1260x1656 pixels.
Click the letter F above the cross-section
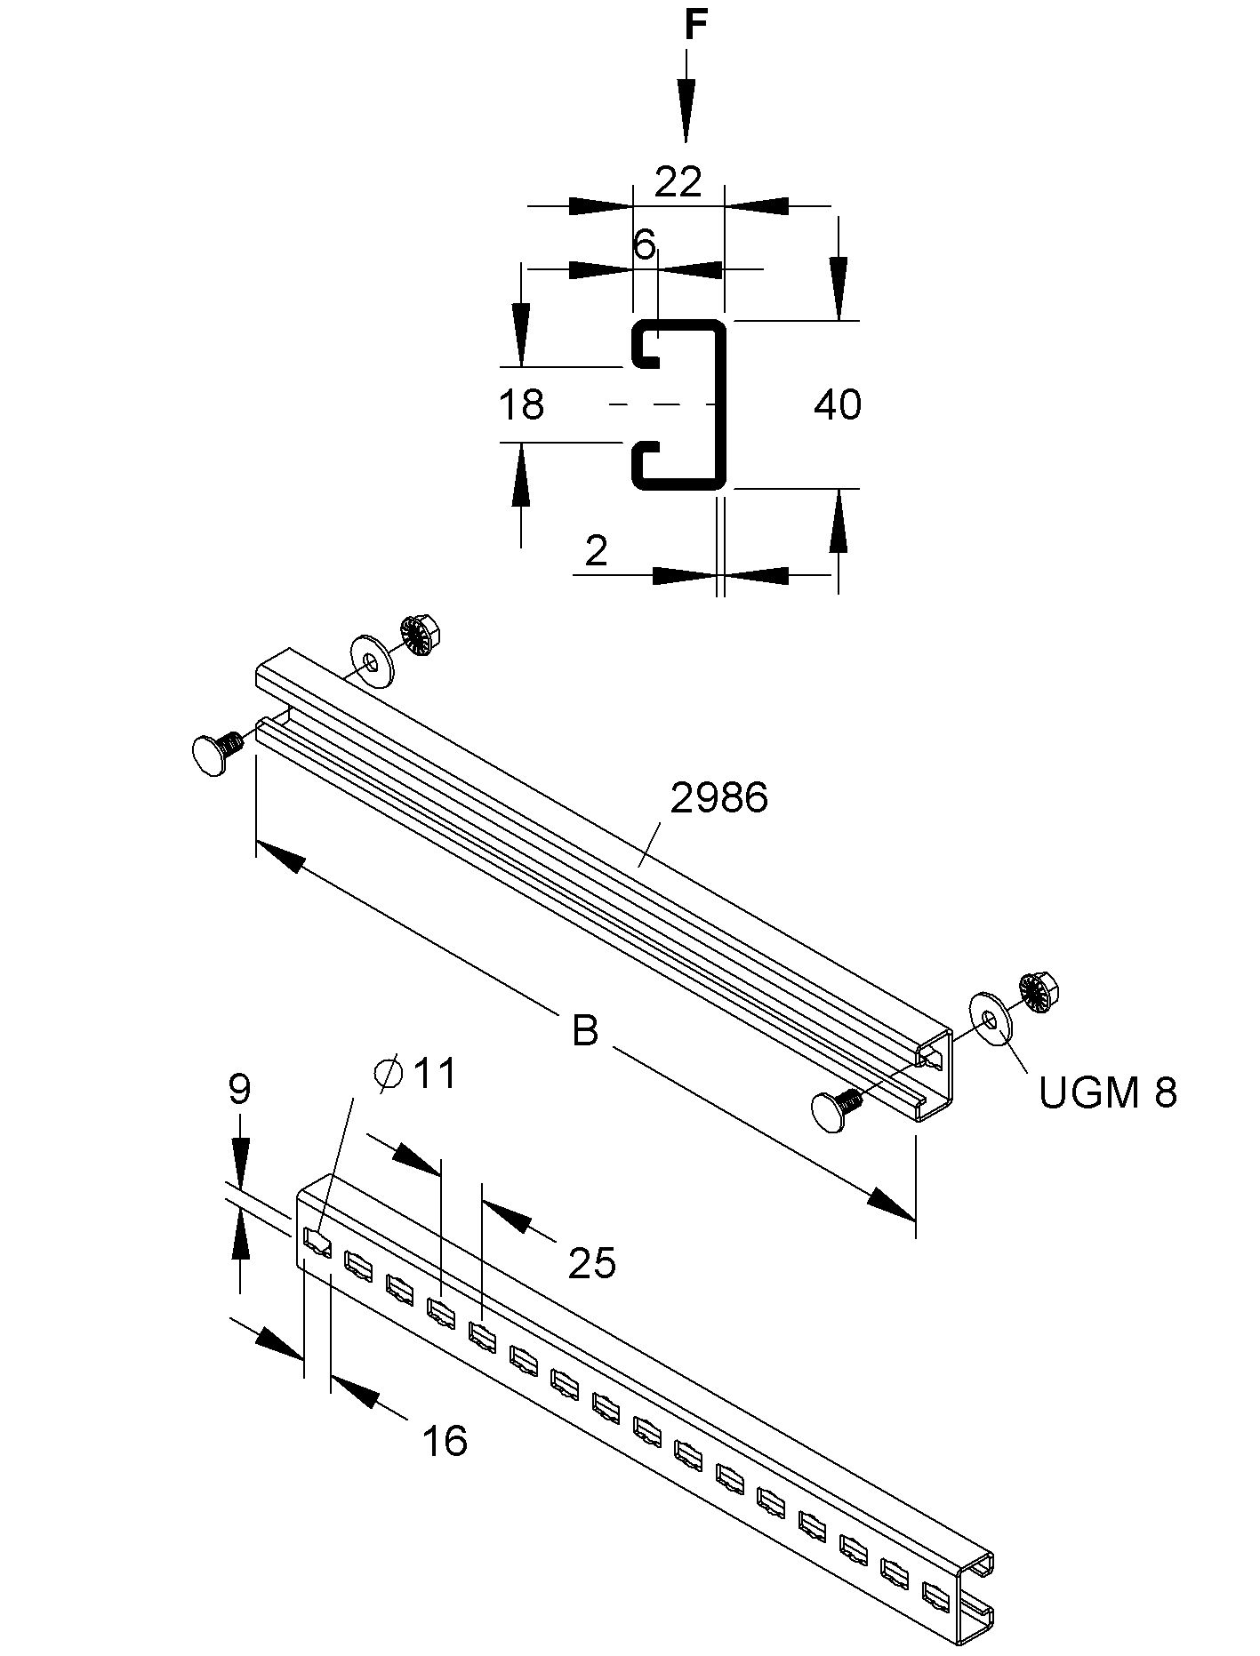[x=695, y=27]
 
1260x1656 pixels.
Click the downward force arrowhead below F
[x=686, y=110]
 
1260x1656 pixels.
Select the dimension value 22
[x=678, y=182]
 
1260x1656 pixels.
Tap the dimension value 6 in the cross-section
[x=645, y=244]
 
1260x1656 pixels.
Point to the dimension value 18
[x=520, y=405]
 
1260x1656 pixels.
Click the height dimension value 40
[x=838, y=405]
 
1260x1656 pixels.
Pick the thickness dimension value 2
[x=597, y=552]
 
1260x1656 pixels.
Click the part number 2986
[x=718, y=798]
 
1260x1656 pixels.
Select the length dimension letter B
[x=584, y=1031]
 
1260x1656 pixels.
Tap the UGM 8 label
[x=1107, y=1092]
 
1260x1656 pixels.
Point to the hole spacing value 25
[x=592, y=1262]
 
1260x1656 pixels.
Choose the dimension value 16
[x=444, y=1441]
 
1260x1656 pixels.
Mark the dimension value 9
[x=239, y=1089]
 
